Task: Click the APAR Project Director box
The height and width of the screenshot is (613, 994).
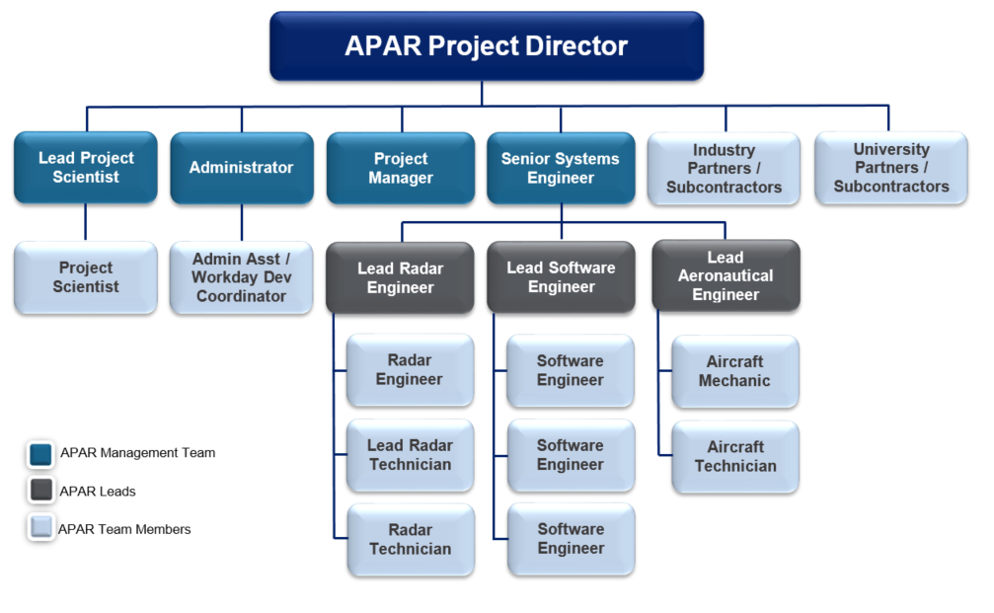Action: click(x=486, y=46)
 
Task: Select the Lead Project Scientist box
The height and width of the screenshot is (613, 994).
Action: click(x=86, y=168)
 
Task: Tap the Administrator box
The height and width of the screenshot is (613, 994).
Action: click(x=241, y=168)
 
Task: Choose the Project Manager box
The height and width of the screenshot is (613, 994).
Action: click(x=401, y=169)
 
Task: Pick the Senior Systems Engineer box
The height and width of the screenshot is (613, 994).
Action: click(x=560, y=169)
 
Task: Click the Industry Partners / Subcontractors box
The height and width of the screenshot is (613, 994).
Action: click(x=724, y=169)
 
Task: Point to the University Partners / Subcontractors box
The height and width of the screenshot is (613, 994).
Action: click(x=890, y=168)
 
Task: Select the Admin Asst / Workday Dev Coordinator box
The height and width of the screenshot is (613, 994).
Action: click(x=241, y=277)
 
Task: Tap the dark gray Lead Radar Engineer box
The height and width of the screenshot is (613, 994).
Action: click(x=401, y=277)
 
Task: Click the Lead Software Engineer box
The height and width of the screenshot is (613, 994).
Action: click(x=560, y=277)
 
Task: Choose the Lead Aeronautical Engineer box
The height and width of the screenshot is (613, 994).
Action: click(x=726, y=276)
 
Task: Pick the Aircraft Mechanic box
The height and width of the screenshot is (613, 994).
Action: click(x=734, y=371)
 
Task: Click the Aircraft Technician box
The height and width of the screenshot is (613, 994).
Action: click(x=734, y=456)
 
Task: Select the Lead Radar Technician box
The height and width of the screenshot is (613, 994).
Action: click(x=410, y=455)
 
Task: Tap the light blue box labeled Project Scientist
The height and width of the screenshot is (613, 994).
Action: click(x=86, y=277)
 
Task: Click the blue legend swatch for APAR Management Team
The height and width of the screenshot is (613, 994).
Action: click(x=40, y=454)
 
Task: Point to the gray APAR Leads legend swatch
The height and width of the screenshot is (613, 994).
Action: click(x=40, y=492)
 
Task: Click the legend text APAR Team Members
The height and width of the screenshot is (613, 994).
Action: click(x=124, y=529)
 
